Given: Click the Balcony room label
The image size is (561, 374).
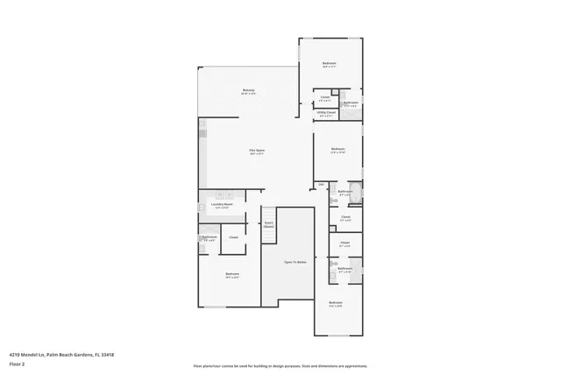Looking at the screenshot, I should pos(249,91).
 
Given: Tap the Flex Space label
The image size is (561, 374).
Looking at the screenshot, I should pos(257,151).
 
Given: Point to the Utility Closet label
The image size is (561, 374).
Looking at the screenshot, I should pos(325,112).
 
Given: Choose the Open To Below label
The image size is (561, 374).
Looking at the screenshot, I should pos(295,262).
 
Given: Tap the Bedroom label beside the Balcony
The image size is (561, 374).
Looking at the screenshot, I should pos(330,62).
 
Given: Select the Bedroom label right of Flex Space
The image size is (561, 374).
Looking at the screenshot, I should pos(338,149).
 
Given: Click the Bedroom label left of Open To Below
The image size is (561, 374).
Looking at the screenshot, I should pos(232,274).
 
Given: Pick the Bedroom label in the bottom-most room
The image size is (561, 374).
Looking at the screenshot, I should pos(335,304).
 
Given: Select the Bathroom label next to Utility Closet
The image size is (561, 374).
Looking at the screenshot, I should pos(351,103).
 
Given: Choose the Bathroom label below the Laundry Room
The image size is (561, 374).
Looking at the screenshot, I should pos(209,236).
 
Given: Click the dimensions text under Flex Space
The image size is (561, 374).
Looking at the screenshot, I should pos(257,155).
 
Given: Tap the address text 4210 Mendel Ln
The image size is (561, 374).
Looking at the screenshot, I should pos(61,355).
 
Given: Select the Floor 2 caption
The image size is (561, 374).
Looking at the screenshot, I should pos(18,364).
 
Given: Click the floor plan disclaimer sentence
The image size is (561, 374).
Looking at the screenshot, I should pos(280,364).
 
